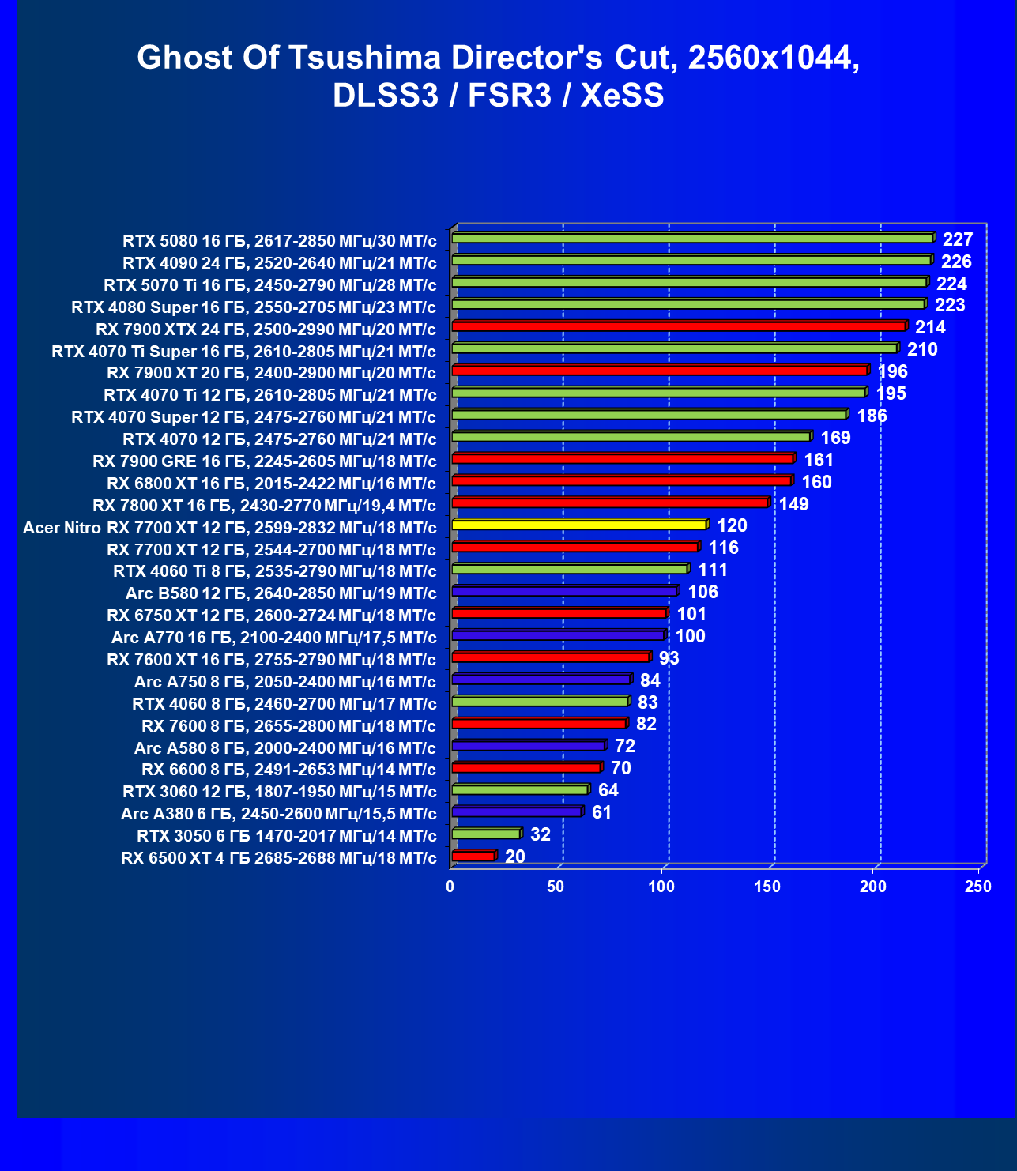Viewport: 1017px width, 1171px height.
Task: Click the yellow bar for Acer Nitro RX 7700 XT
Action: tap(578, 525)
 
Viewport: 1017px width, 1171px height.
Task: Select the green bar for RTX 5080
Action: tap(692, 238)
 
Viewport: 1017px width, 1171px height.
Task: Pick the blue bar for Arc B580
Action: tap(564, 591)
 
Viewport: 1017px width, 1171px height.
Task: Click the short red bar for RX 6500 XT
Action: tap(473, 856)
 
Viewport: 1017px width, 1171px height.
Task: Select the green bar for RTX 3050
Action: tap(485, 834)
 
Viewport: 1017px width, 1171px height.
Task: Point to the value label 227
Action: tap(958, 239)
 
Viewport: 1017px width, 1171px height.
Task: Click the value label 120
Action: tap(732, 526)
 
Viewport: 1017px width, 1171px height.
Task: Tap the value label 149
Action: tap(794, 504)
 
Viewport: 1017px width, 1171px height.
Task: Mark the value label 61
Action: tap(601, 812)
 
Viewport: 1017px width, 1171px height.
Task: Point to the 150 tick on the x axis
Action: tap(767, 887)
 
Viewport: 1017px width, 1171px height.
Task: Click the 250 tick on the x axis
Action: tap(978, 887)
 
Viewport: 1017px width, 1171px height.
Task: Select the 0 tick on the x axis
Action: tap(450, 887)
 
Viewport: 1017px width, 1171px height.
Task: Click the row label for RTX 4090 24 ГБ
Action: tap(279, 262)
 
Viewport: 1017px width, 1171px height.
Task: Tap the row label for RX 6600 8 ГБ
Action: tap(288, 770)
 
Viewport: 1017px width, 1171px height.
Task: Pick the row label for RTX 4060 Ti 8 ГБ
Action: tap(274, 571)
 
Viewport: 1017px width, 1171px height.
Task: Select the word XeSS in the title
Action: tap(622, 96)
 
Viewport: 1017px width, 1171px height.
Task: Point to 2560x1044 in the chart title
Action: tap(774, 58)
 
